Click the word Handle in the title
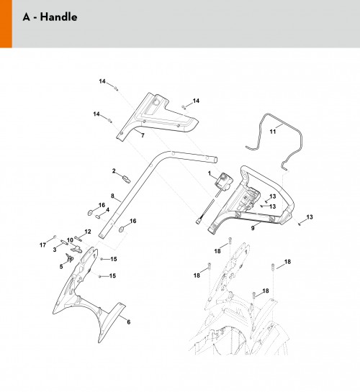(x=58, y=17)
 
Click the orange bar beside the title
(x=6, y=24)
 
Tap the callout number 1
(x=210, y=173)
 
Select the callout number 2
(x=114, y=171)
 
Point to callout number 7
(x=143, y=135)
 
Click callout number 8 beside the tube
(x=112, y=196)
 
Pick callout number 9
(x=253, y=228)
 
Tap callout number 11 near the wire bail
(x=273, y=131)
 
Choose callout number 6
(x=129, y=322)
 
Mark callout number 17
(x=42, y=245)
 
